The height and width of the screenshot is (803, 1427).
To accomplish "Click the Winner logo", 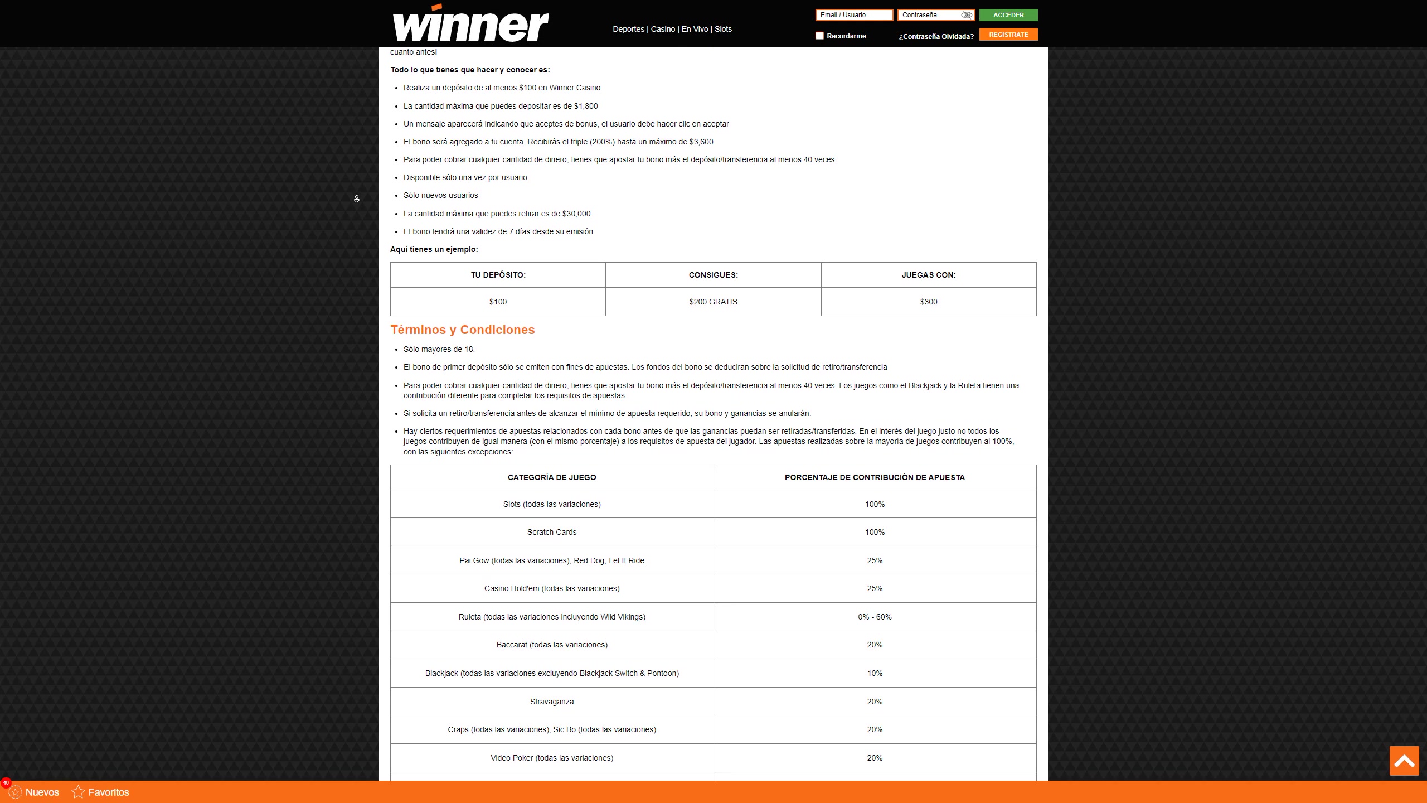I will (470, 23).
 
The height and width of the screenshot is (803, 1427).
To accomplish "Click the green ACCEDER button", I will (1008, 15).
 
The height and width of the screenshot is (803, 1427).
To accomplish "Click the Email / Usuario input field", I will (853, 15).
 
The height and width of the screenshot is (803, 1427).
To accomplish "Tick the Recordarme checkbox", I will (819, 36).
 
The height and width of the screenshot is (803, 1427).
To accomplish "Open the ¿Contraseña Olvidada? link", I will (936, 37).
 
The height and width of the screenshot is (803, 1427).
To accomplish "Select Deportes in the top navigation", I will (628, 29).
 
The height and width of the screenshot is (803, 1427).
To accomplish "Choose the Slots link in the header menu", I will (723, 29).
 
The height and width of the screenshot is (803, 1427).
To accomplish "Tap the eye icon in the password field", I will (967, 15).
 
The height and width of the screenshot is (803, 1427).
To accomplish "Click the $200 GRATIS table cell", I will (713, 302).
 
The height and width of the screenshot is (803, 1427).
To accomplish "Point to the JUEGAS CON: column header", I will (928, 275).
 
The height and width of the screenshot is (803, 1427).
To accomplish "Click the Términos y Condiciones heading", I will (462, 330).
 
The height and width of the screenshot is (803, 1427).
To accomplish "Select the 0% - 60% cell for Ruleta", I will (875, 617).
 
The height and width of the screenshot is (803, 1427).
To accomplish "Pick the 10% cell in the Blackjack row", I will (875, 673).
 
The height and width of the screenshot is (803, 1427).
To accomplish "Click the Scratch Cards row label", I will (551, 532).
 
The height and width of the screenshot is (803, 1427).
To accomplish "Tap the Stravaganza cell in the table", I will (551, 702).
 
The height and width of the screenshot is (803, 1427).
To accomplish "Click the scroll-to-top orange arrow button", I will (1404, 761).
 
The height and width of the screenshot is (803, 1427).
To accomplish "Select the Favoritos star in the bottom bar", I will (79, 792).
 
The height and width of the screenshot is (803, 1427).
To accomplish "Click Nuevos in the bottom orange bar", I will (42, 792).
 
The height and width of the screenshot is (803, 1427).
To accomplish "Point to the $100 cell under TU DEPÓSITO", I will (498, 302).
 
